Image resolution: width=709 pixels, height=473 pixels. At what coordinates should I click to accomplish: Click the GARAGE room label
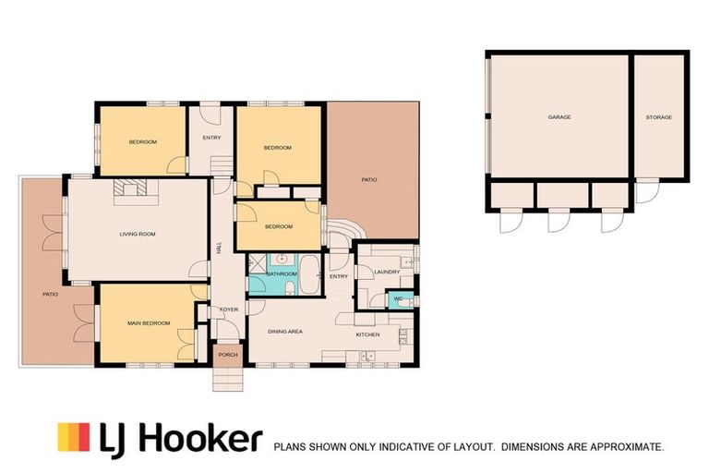(559, 116)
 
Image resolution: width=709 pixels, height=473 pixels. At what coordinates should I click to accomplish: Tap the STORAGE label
(659, 117)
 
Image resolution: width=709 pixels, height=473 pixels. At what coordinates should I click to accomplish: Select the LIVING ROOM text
(138, 234)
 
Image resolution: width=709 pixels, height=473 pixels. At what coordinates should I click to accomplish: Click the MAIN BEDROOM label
(149, 323)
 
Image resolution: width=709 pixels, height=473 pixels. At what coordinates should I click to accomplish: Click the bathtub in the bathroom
(310, 274)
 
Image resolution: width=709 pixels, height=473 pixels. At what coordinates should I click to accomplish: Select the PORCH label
(228, 355)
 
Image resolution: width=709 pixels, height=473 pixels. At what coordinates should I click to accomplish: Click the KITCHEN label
(368, 334)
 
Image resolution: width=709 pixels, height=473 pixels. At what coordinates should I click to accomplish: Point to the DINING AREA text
(285, 332)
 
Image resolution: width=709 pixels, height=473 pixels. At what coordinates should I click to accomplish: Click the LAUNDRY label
(387, 272)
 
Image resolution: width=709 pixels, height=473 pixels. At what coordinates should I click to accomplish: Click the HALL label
(220, 248)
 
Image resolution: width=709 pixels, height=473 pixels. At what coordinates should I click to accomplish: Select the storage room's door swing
(647, 192)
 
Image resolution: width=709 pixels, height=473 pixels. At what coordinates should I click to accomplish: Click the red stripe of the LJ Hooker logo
(84, 437)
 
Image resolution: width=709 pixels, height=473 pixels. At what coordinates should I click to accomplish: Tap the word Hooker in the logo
(201, 437)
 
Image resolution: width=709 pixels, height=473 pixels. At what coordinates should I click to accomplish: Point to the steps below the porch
(228, 379)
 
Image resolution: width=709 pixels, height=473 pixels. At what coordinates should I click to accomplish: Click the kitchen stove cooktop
(403, 336)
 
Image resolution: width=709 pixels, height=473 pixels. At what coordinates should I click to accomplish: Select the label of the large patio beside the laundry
(369, 180)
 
